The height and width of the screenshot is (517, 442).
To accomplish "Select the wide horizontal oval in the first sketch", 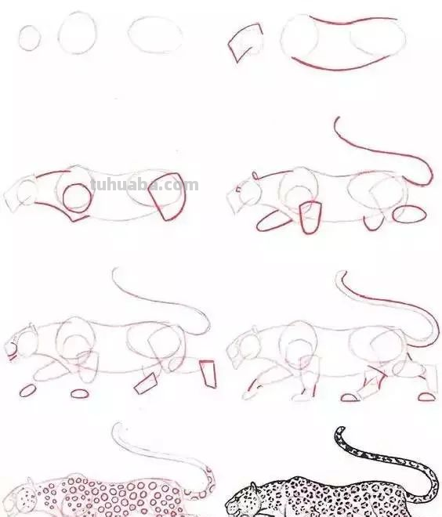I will (x=155, y=34).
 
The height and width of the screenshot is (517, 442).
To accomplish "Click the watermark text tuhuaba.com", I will (x=145, y=186).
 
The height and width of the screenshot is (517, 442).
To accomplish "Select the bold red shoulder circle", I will (x=77, y=198).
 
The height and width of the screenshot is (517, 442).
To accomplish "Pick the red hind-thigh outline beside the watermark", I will (x=168, y=197).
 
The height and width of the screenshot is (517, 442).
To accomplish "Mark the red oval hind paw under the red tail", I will (x=409, y=212).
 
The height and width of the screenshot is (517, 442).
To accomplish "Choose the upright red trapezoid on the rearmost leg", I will (x=208, y=373).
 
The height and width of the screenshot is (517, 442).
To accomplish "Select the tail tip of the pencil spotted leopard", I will (x=115, y=428).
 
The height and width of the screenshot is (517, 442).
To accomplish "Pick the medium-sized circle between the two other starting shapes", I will (x=78, y=33).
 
